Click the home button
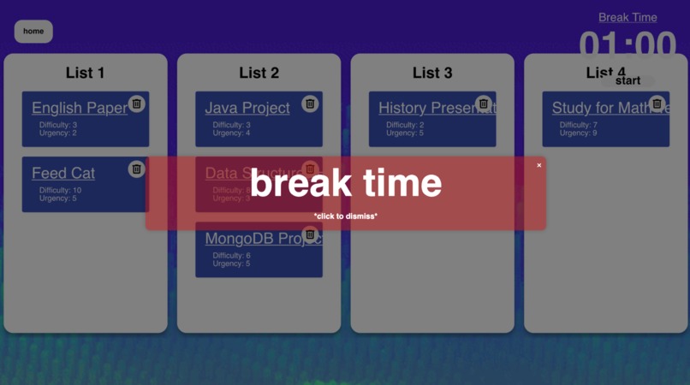(x=33, y=32)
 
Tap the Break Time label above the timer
(x=628, y=17)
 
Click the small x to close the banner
(x=539, y=165)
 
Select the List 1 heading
(x=85, y=73)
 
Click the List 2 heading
(x=259, y=73)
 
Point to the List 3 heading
(x=432, y=73)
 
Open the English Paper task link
(x=79, y=108)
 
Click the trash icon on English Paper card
(x=137, y=104)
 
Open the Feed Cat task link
(x=63, y=173)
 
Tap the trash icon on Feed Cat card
(x=137, y=169)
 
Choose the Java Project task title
(x=247, y=108)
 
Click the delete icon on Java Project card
(x=310, y=104)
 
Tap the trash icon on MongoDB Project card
(x=310, y=234)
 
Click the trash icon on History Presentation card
(x=484, y=104)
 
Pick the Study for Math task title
(x=599, y=108)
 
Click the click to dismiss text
(x=346, y=216)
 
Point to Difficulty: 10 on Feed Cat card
(x=61, y=190)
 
